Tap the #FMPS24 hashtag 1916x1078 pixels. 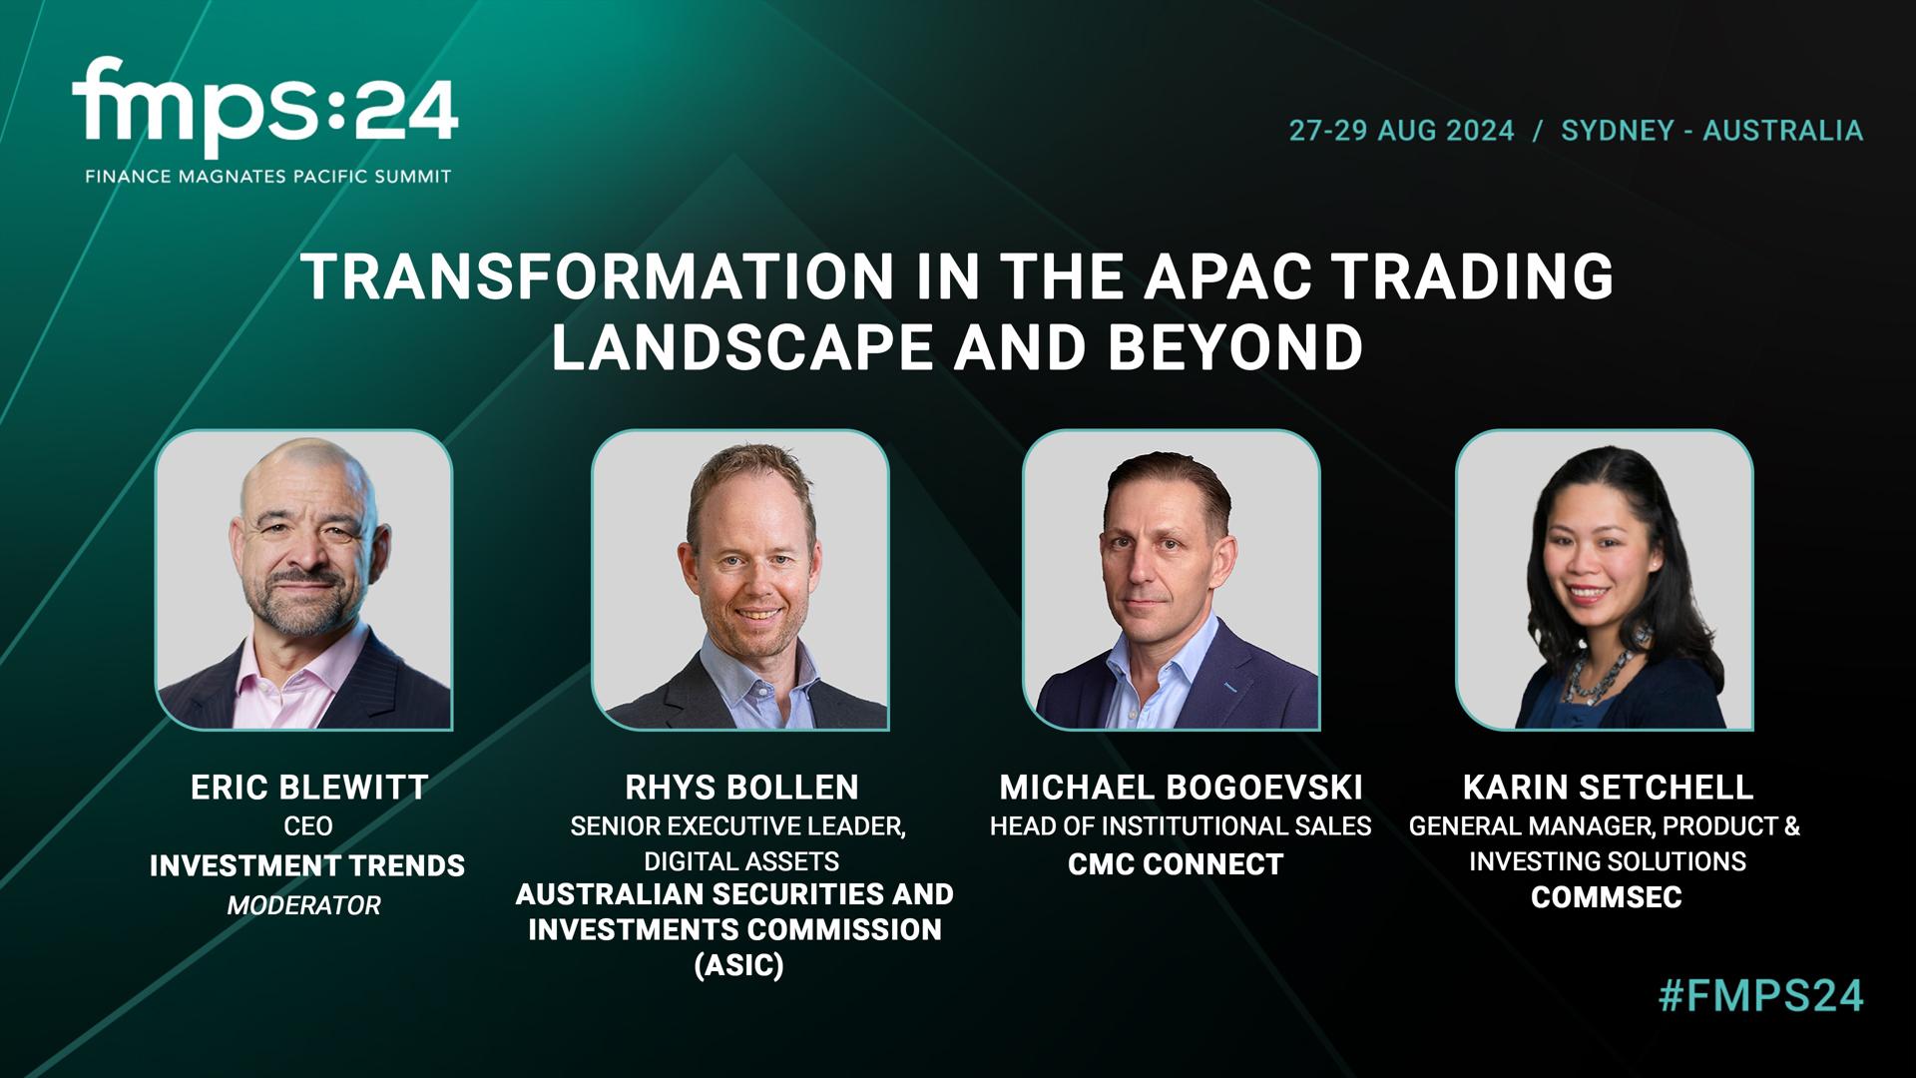[x=1760, y=996]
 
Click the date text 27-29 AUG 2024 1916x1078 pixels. [x=1401, y=131]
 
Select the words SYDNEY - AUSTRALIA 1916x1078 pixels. [x=1711, y=131]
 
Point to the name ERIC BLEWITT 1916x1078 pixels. [x=309, y=788]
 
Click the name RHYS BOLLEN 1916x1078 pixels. [x=741, y=788]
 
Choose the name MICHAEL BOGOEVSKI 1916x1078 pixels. [x=1181, y=788]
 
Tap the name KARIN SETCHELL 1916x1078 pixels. [x=1608, y=788]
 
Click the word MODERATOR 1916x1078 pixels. [x=303, y=905]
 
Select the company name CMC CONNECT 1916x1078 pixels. [x=1176, y=864]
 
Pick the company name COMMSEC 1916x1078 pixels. [x=1607, y=897]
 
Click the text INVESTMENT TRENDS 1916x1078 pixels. [x=307, y=865]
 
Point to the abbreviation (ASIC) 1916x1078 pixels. [x=738, y=966]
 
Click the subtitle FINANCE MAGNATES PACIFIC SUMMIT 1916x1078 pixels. [x=268, y=177]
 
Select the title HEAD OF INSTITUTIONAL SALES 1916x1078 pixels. [x=1181, y=826]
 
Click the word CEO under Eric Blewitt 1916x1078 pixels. [x=308, y=826]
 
